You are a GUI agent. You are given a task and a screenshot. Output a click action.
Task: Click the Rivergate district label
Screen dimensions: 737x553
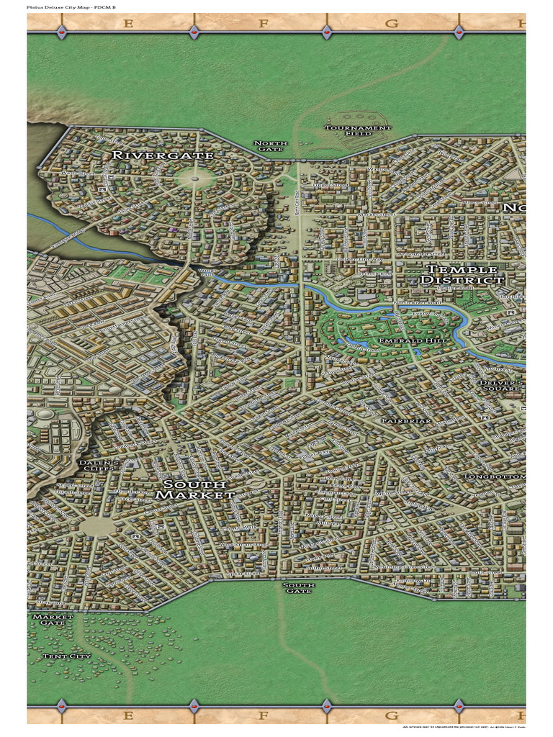coord(163,155)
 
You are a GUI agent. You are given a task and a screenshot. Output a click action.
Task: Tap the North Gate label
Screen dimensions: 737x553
coord(271,147)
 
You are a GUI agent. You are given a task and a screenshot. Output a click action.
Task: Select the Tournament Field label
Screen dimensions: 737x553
coord(358,131)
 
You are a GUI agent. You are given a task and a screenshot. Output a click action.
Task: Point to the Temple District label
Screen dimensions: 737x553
coord(462,274)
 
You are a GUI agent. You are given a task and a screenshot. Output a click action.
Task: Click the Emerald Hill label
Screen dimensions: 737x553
coord(405,340)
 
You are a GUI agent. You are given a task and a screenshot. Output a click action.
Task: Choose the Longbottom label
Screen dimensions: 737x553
coord(495,476)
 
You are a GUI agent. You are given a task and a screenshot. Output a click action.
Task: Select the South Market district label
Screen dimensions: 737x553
coord(195,489)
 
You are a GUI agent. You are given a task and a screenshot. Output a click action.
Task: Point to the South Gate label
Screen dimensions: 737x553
coord(298,589)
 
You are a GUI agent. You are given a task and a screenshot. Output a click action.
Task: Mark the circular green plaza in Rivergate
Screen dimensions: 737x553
coord(194,174)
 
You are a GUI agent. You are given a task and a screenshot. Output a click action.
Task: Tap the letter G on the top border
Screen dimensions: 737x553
coord(392,24)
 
